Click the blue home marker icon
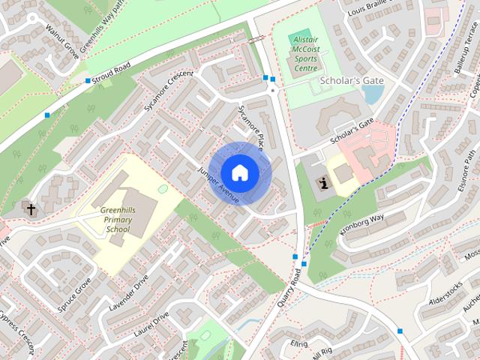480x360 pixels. pyautogui.click(x=239, y=172)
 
